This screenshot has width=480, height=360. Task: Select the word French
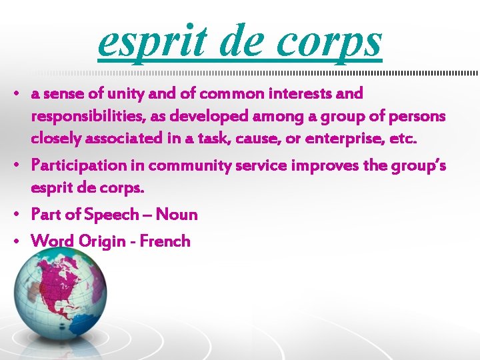(165, 241)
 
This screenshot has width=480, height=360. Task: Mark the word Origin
(96, 241)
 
